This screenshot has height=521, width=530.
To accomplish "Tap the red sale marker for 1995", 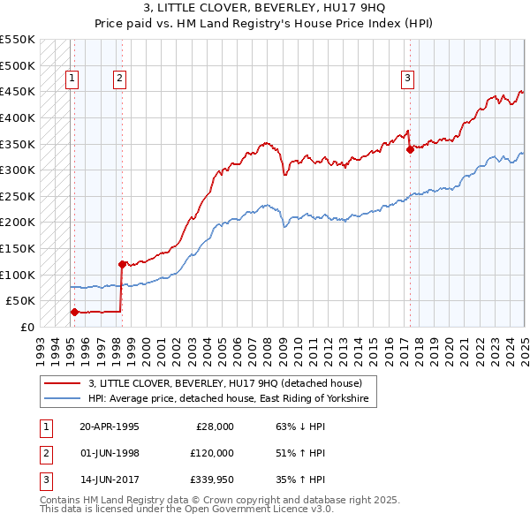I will click(74, 311).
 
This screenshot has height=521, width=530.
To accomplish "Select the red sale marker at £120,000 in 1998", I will click(122, 263).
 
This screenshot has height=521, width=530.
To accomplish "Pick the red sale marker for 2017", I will click(410, 149).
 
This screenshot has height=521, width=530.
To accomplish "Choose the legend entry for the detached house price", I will click(225, 383).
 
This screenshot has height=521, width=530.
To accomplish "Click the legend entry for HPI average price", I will click(231, 399).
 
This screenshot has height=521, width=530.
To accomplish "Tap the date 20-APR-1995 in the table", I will click(110, 427).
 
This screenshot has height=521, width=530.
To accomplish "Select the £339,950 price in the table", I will click(211, 481).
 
